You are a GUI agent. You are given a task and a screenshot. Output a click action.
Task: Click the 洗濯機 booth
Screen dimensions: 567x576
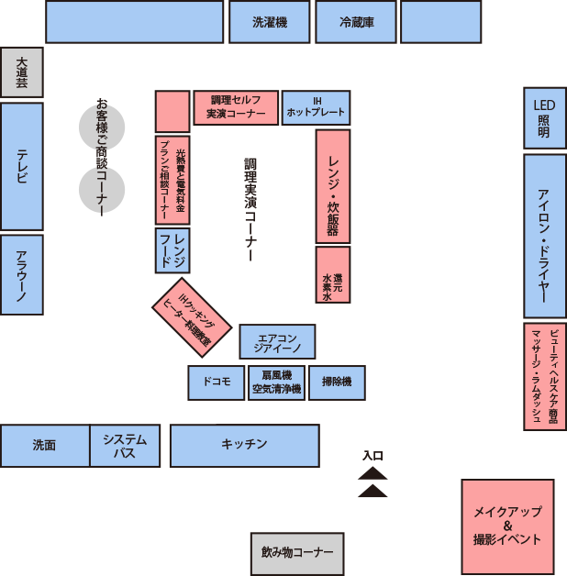(270, 22)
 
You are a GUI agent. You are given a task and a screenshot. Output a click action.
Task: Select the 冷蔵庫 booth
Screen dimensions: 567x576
(356, 22)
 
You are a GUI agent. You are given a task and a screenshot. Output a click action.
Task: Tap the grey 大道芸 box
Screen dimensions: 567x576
(22, 72)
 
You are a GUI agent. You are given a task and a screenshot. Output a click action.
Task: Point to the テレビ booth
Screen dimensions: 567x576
(22, 167)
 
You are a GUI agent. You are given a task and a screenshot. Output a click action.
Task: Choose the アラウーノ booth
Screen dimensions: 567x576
(22, 275)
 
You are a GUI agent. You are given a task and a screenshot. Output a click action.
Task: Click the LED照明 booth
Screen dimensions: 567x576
(545, 118)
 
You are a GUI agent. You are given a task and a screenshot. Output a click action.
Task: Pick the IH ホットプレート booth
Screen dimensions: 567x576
(316, 107)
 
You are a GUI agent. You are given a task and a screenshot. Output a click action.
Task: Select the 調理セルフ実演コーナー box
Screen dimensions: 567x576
(236, 107)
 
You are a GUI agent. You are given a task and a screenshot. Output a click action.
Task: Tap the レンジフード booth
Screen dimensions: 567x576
(172, 250)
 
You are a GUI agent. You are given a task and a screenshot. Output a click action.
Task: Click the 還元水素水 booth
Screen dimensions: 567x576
(333, 275)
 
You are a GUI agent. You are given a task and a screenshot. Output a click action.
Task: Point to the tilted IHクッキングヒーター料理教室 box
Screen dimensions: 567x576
(192, 317)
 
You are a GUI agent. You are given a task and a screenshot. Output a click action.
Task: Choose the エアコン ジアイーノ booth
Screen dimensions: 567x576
(277, 341)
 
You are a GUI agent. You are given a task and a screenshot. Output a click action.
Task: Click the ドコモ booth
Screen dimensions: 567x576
(217, 382)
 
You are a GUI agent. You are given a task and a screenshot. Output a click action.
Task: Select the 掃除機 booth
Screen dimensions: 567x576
(337, 382)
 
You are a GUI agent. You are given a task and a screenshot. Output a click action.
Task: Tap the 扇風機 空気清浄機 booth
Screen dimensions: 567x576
(277, 382)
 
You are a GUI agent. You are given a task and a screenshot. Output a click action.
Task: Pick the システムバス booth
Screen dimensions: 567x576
(125, 446)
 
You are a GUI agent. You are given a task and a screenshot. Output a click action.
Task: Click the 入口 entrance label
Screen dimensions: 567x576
(373, 456)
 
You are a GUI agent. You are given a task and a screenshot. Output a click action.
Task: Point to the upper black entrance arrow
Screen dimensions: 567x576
(372, 474)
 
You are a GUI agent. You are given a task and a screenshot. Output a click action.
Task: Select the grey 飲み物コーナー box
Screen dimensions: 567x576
(297, 554)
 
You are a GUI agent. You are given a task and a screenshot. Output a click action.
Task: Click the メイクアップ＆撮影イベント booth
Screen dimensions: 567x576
(508, 526)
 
